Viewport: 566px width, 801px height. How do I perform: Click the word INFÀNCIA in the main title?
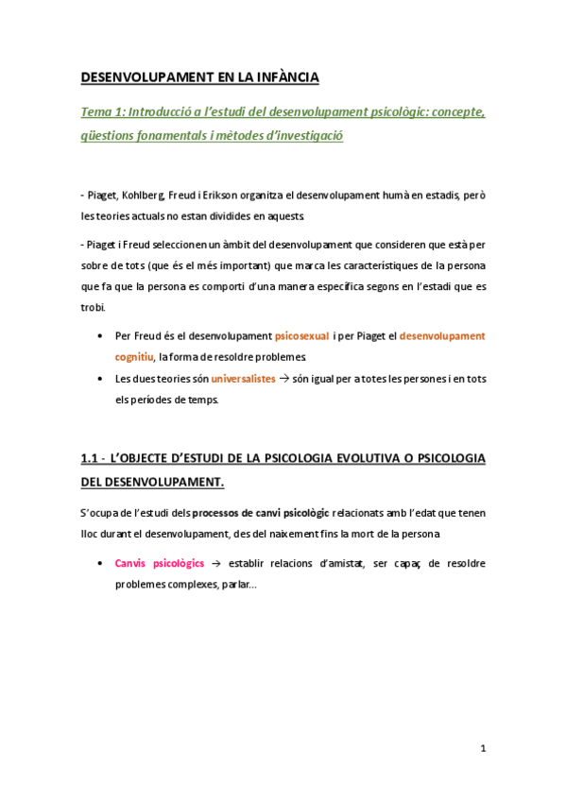(x=283, y=76)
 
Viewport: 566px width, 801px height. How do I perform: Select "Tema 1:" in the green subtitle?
(x=104, y=112)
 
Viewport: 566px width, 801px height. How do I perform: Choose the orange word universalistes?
(x=243, y=378)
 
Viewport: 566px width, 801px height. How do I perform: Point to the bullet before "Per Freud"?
(x=101, y=336)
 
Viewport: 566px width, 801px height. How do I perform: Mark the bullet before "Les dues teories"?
(x=101, y=379)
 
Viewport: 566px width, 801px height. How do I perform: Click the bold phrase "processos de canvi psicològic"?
(x=261, y=513)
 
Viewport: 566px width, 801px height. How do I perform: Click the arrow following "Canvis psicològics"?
(x=215, y=563)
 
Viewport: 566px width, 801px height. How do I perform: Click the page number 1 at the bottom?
(x=483, y=749)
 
